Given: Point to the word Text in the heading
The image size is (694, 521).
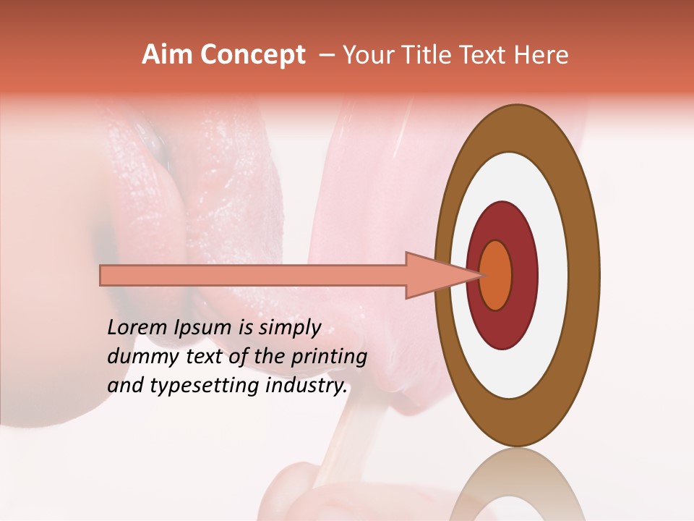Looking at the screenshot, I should (488, 55).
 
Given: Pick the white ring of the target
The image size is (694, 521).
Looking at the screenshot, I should (557, 275).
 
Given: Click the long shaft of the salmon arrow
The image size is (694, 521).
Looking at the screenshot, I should (253, 275).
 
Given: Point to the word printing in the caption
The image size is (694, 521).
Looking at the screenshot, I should (332, 357).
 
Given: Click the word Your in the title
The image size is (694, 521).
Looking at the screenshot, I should (366, 55).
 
